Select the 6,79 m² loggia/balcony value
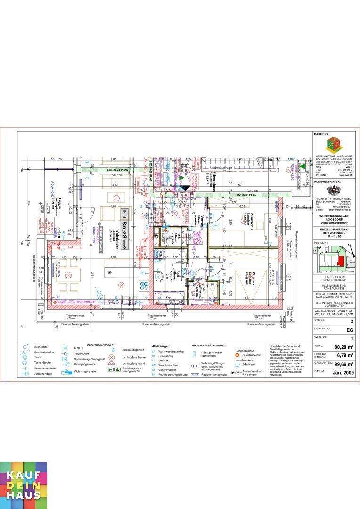point(345,356)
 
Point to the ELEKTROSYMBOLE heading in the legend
point(102,346)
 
